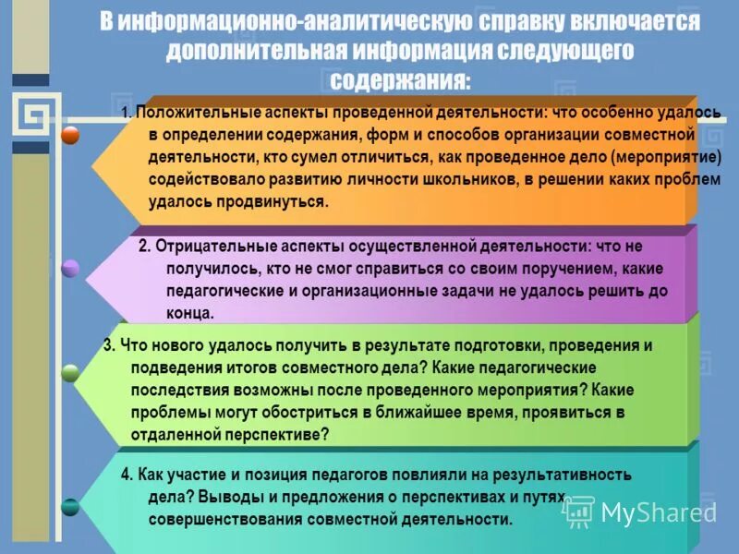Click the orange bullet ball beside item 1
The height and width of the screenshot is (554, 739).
(70, 135)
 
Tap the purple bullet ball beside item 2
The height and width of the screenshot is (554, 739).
(70, 269)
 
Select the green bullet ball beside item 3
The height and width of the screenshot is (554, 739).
(70, 373)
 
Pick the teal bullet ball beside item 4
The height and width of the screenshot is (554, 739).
(70, 506)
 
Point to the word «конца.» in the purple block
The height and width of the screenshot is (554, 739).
(190, 313)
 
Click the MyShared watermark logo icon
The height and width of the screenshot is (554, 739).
(578, 511)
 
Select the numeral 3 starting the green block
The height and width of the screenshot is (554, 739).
(107, 345)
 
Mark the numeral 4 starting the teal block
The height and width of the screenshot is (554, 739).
(126, 475)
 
